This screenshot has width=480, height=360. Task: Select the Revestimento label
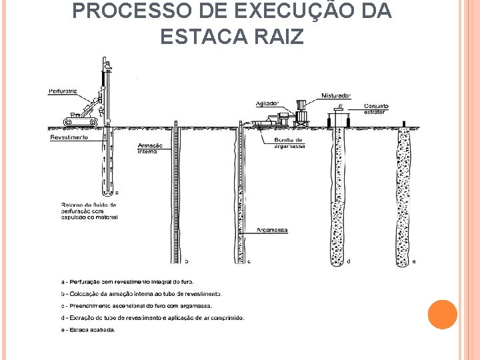(69, 137)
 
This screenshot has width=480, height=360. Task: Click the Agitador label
(268, 103)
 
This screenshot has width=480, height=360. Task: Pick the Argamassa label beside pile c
(273, 229)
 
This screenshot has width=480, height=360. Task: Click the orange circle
(443, 314)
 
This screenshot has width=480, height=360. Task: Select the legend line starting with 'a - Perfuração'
(127, 281)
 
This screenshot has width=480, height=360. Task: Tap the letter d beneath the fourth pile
(349, 261)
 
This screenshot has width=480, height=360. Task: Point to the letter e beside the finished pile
(415, 261)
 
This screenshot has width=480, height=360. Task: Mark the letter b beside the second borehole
(186, 261)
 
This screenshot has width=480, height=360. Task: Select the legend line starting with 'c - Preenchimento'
(136, 305)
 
